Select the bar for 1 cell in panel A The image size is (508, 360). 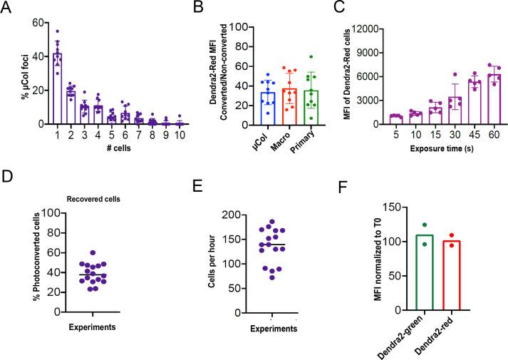tap(56, 89)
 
